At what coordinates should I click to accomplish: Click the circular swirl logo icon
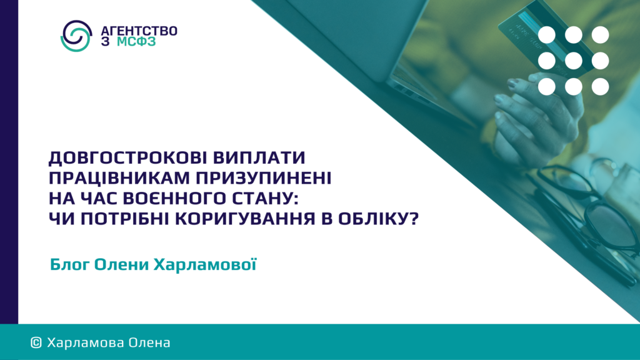tap(76, 36)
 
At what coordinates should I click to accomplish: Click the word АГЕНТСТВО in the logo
tap(139, 31)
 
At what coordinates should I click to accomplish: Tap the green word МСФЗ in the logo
tap(136, 42)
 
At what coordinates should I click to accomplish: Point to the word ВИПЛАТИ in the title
tap(259, 157)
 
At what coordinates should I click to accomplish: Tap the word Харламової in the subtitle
tap(205, 264)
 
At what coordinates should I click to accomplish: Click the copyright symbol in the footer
tap(36, 343)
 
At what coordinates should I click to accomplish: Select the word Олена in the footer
tap(149, 343)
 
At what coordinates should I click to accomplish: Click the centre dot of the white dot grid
tap(574, 61)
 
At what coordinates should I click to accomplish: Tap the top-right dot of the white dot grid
tap(600, 35)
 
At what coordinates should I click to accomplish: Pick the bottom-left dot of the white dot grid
tap(547, 86)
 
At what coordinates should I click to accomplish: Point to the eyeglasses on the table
tap(587, 212)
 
